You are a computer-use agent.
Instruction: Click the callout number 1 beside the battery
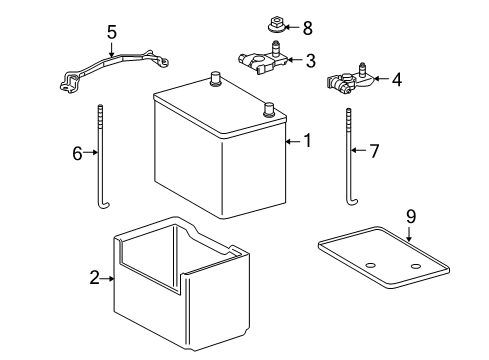(x=308, y=142)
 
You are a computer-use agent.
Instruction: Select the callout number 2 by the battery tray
(x=94, y=278)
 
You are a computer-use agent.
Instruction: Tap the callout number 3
(x=310, y=61)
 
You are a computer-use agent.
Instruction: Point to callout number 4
(x=397, y=77)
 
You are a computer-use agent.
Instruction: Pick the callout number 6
(x=76, y=153)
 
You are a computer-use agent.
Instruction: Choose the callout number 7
(x=376, y=152)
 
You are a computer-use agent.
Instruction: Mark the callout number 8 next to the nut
(x=307, y=27)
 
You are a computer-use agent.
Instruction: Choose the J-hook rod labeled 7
(x=349, y=160)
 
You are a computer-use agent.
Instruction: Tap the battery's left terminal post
(x=214, y=76)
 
